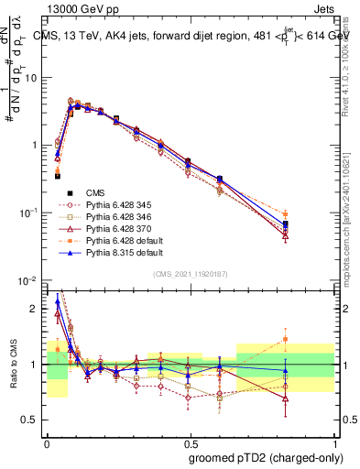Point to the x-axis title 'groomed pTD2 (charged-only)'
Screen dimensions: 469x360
point(263,458)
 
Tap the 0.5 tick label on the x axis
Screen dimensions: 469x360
point(190,441)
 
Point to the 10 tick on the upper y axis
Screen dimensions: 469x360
point(31,78)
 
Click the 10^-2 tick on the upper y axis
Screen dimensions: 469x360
point(29,280)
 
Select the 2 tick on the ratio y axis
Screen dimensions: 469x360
point(36,309)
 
